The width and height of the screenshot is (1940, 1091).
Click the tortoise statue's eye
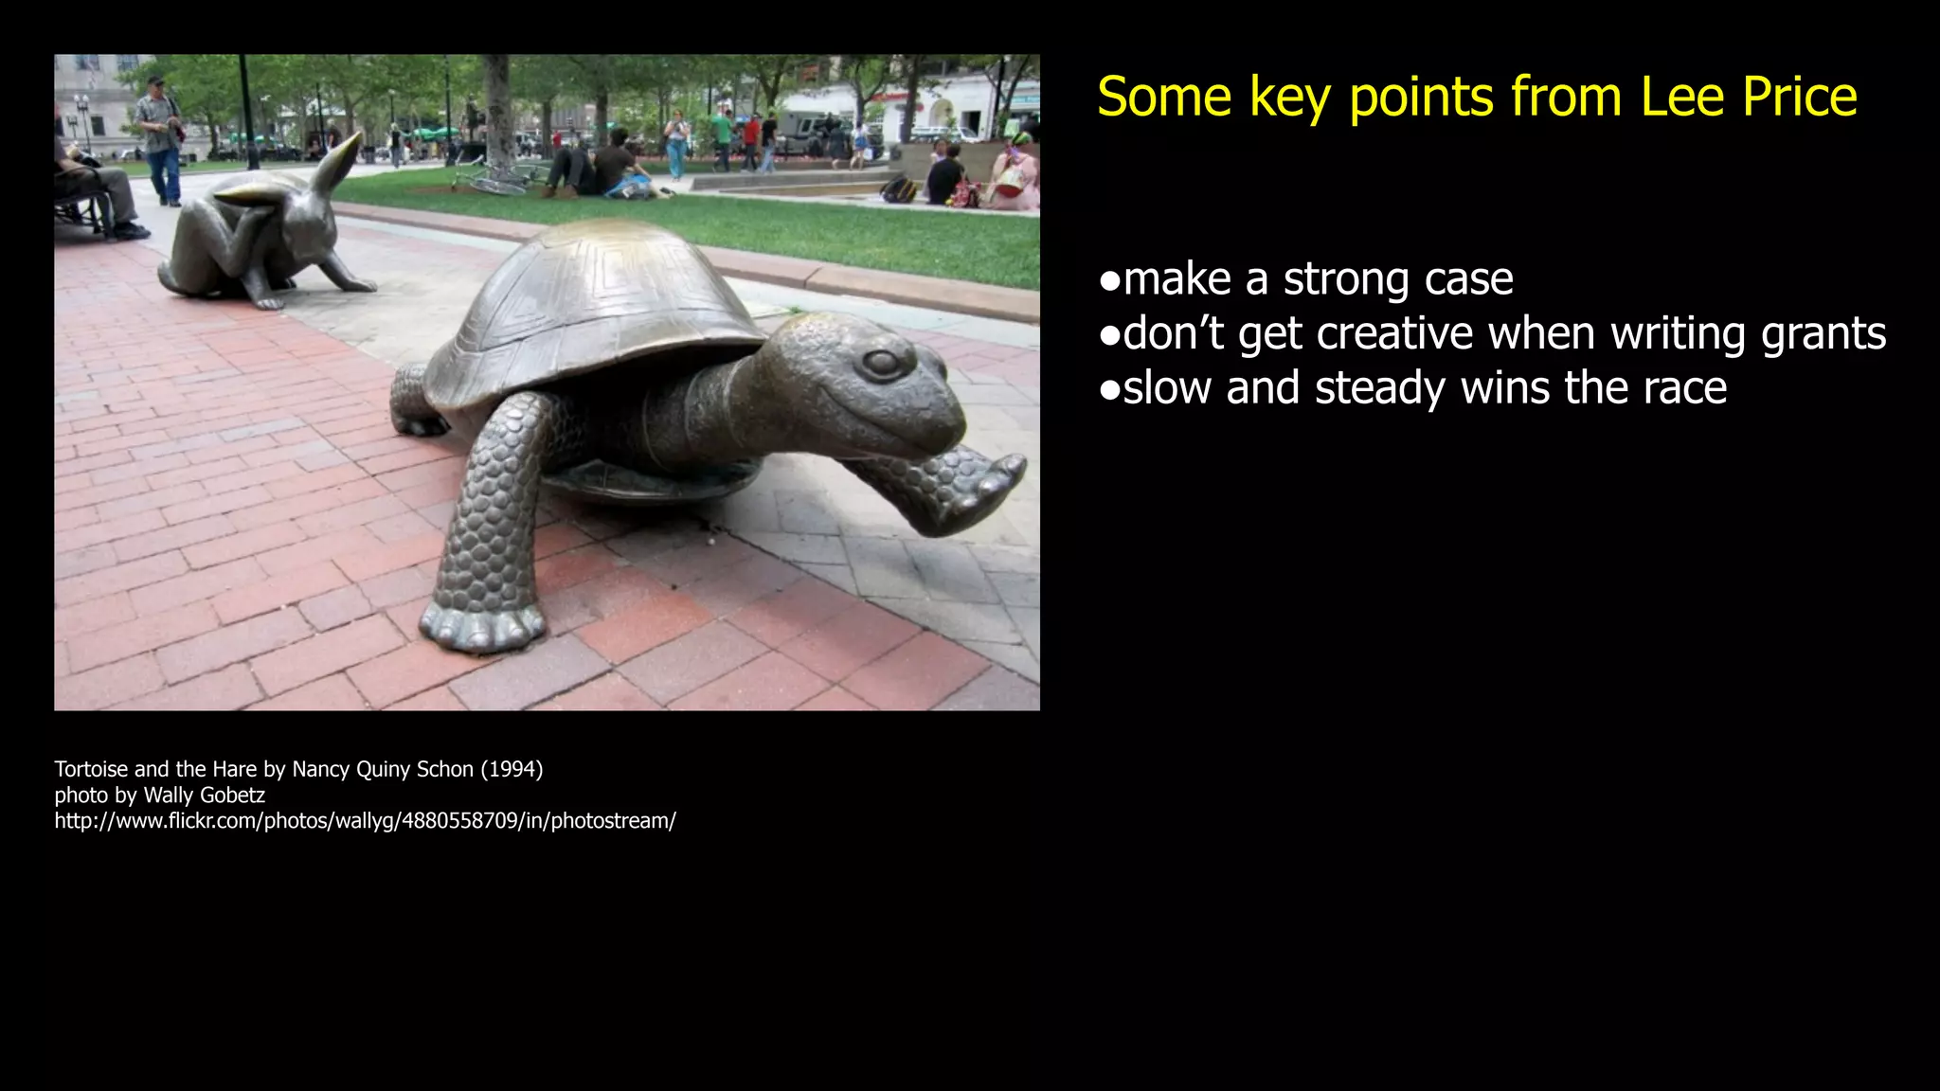(881, 363)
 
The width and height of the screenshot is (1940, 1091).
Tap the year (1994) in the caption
(512, 769)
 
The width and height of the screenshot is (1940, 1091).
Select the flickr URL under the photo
(365, 821)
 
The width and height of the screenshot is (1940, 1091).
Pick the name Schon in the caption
(444, 769)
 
